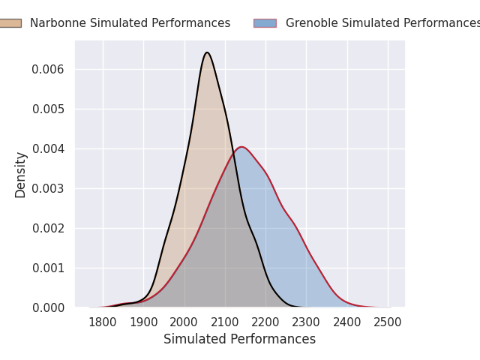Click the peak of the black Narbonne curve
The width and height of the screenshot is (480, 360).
[207, 52]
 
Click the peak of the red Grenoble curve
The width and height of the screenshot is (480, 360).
[241, 147]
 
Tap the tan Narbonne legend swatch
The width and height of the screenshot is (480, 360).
[10, 23]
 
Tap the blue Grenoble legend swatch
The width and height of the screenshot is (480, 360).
[265, 23]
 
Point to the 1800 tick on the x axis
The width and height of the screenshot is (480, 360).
[103, 322]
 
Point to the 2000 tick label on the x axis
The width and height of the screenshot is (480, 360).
[184, 322]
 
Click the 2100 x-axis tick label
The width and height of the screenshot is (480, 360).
[225, 322]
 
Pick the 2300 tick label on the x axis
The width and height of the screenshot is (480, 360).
[306, 322]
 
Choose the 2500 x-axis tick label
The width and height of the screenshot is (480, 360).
[387, 322]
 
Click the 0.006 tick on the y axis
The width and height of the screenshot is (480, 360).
[48, 70]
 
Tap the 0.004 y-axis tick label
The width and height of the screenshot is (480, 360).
[48, 149]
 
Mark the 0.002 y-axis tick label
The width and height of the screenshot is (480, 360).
[48, 228]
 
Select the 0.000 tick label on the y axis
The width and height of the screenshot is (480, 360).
[48, 307]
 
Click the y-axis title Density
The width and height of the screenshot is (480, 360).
[20, 175]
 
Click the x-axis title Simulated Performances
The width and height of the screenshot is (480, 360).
[239, 339]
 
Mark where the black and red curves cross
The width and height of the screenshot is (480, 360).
[234, 154]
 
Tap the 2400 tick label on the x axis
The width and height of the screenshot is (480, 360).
[346, 322]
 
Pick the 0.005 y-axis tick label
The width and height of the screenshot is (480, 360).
[48, 109]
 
